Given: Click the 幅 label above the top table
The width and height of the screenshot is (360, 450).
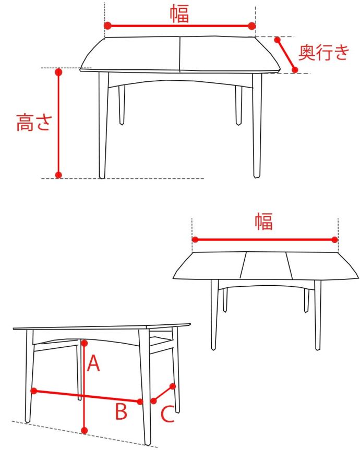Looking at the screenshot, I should [179, 13].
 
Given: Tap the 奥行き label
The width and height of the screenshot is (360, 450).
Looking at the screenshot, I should [323, 53].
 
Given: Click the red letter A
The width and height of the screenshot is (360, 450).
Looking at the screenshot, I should [93, 363].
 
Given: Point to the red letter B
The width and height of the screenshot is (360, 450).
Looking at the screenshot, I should [121, 412].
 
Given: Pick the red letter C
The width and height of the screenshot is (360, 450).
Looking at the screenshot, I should [167, 415].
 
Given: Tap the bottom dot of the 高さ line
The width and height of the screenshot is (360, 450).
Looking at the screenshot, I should [58, 175].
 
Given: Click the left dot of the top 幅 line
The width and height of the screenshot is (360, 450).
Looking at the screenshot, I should [107, 26].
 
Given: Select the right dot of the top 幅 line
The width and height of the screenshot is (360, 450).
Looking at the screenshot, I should [252, 26].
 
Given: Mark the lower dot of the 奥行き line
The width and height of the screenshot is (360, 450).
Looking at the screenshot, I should [295, 70].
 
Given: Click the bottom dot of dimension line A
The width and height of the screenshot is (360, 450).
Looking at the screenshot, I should [85, 430].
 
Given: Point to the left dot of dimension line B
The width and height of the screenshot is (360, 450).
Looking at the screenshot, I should [33, 390].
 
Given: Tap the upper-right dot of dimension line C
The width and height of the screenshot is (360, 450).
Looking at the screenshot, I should [173, 386].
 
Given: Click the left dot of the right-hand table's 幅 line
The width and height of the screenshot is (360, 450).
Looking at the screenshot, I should [195, 240].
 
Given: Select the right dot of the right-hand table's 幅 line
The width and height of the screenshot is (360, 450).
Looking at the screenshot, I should [335, 240].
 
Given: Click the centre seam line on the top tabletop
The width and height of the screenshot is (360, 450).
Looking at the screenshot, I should [180, 54].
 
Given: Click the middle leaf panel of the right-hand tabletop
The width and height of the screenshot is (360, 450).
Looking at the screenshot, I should [265, 265].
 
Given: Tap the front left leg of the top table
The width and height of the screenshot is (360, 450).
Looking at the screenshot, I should [103, 125].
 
